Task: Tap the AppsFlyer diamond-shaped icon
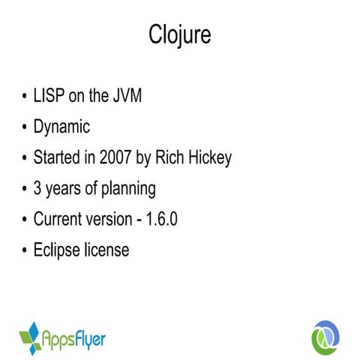click(x=30, y=337)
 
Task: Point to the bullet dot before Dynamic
click(x=23, y=128)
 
